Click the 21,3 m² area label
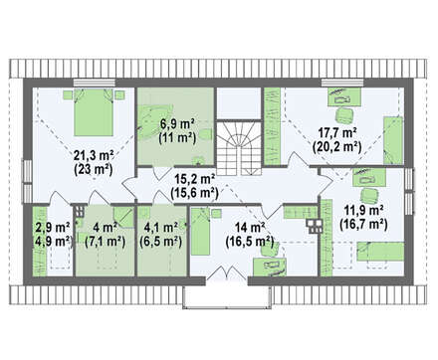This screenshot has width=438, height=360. coord(94,155)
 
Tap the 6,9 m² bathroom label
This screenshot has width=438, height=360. coord(177,124)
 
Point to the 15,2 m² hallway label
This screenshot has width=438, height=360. coord(195,179)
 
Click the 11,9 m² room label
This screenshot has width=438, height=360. coord(363,211)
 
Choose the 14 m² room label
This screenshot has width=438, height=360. coord(250,228)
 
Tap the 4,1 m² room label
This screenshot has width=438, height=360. coord(160,228)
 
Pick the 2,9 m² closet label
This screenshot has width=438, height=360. coord(53,228)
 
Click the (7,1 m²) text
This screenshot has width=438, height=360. coord(105,242)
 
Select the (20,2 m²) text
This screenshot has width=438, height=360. coord(337,146)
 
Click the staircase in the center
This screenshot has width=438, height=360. coord(240,148)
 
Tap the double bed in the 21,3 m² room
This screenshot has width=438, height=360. coord(94,112)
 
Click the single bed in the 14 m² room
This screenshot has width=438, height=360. coord(201,232)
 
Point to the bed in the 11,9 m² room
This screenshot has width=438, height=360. coord(380,252)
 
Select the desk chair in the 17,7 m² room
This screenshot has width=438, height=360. coord(343,115)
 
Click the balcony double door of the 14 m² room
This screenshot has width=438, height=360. coord(227,272)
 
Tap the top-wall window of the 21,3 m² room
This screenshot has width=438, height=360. coord(95,83)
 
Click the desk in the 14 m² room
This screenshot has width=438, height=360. coord(270,267)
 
